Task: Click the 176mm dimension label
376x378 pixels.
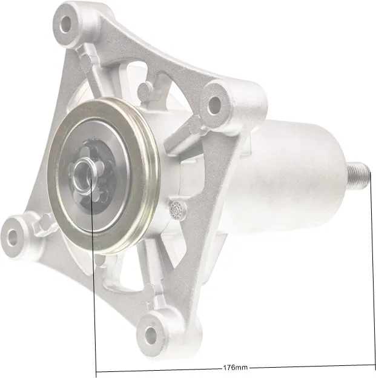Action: click(236, 368)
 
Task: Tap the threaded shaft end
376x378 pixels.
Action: click(358, 176)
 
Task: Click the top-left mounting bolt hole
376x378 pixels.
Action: click(65, 25)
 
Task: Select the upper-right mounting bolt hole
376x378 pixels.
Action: click(214, 105)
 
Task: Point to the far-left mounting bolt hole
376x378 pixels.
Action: click(12, 237)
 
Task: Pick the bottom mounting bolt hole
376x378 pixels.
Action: click(151, 336)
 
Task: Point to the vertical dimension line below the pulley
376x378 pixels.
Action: click(94, 277)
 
